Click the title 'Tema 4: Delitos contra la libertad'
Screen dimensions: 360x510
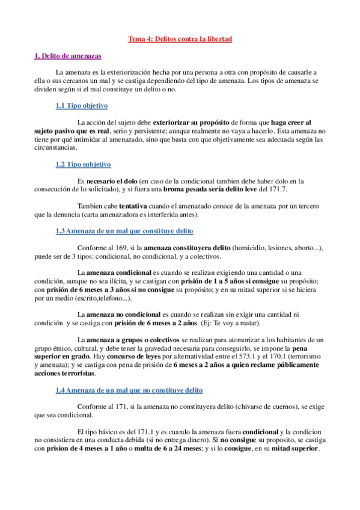[x=180, y=39]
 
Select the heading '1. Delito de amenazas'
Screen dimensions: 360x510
[x=67, y=56]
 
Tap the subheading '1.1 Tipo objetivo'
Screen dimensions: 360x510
[x=81, y=105]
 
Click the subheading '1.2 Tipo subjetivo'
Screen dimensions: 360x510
[x=83, y=164]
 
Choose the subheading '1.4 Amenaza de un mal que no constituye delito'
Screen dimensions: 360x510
[x=129, y=373]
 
